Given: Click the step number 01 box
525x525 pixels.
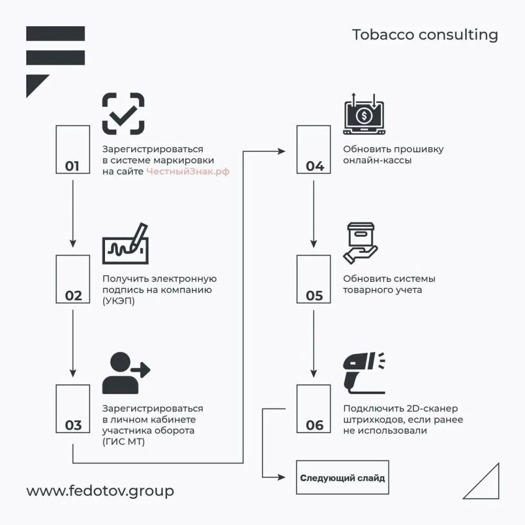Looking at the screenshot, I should pyautogui.click(x=72, y=149).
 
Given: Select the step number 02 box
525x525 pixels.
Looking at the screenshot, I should pyautogui.click(x=72, y=279).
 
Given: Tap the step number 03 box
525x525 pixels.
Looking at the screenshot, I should pyautogui.click(x=72, y=408).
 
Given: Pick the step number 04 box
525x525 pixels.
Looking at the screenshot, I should pyautogui.click(x=313, y=149).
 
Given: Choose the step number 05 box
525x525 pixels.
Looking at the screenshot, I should pyautogui.click(x=313, y=279).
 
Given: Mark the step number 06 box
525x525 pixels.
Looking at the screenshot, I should pyautogui.click(x=313, y=408).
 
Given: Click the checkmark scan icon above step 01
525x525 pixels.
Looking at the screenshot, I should pyautogui.click(x=123, y=113).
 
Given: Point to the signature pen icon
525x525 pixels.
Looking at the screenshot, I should pyautogui.click(x=125, y=245).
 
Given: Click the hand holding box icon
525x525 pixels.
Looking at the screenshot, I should pyautogui.click(x=361, y=243).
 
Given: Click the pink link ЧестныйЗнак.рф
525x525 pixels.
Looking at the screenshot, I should pyautogui.click(x=188, y=171).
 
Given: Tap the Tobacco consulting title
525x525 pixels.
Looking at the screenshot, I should pyautogui.click(x=424, y=35).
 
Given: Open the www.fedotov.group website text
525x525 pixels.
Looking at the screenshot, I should pyautogui.click(x=100, y=491).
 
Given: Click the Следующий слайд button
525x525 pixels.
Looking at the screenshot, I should pyautogui.click(x=342, y=478).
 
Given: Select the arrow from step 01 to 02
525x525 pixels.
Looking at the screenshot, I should pyautogui.click(x=72, y=213).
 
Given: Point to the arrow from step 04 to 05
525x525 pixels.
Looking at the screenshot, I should pyautogui.click(x=313, y=213).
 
